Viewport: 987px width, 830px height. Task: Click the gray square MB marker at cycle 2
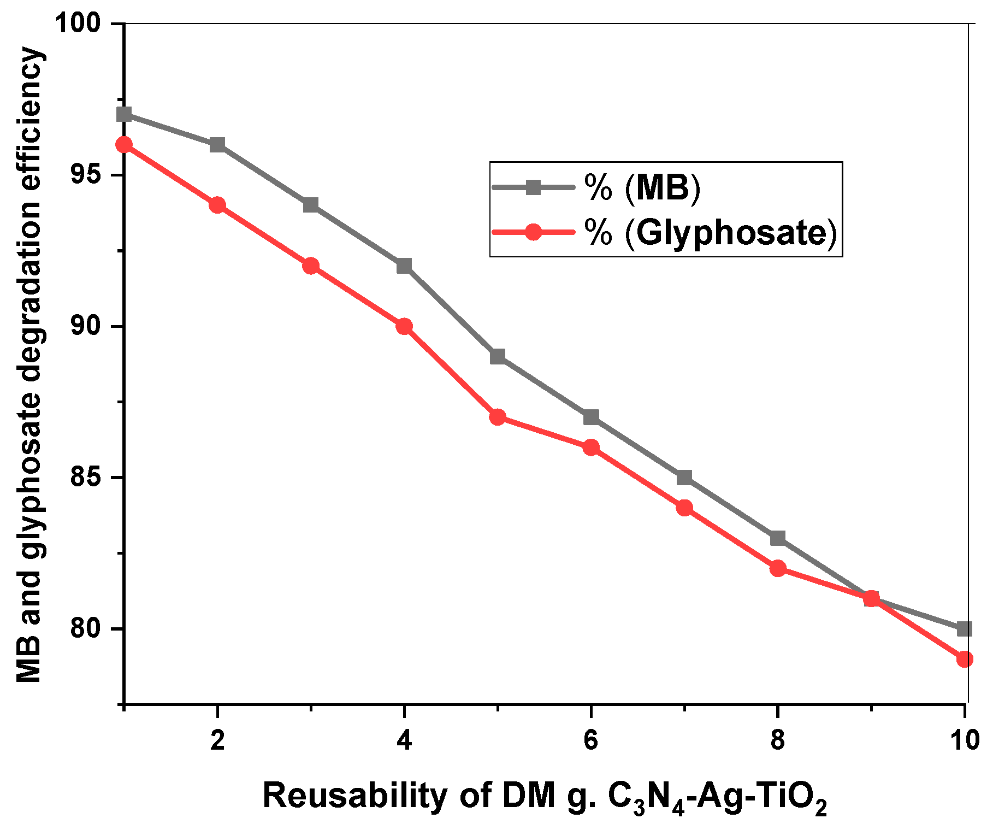click(217, 145)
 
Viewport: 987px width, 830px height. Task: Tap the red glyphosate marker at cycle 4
click(404, 327)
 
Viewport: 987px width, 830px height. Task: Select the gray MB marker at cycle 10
click(964, 629)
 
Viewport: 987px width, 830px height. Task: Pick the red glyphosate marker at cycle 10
click(964, 659)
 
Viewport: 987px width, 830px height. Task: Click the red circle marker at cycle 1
click(125, 145)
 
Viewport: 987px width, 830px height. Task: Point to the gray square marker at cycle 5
click(498, 357)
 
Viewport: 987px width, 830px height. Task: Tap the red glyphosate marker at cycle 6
click(591, 448)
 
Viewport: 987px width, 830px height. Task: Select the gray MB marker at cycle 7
click(684, 478)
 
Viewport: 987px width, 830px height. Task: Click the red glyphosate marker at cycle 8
click(778, 569)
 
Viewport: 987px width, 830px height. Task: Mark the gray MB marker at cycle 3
click(311, 205)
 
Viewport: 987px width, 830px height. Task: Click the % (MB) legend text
click(642, 188)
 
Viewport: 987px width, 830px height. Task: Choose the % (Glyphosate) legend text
click(710, 233)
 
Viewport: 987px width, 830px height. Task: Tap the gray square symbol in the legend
click(533, 187)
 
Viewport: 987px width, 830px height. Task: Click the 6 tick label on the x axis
click(591, 741)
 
